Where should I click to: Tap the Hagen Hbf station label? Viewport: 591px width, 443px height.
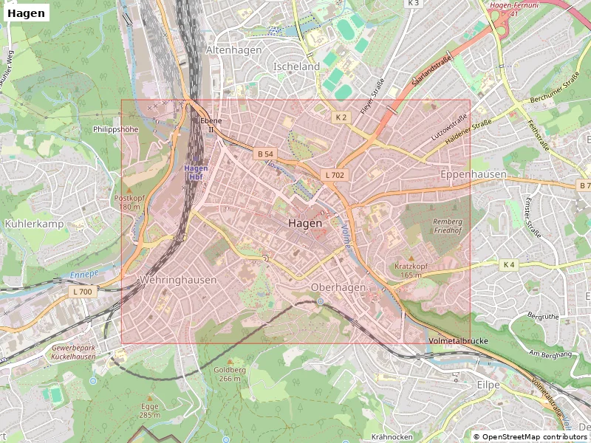pos(194,172)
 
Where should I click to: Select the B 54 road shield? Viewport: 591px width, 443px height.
pos(264,154)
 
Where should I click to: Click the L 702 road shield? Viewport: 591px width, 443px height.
pos(334,175)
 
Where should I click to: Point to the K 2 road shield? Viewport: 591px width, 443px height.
pos(340,117)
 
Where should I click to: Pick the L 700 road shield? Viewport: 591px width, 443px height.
pos(83,292)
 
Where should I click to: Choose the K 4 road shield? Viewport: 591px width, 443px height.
pos(508,264)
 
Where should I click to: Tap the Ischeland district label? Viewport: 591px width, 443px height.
pos(296,66)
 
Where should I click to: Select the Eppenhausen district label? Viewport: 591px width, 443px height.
pos(474,174)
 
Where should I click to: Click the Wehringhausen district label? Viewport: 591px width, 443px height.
pos(177,280)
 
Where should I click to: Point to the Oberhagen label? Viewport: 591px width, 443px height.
pos(338,286)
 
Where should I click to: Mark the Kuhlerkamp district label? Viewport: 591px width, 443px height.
pos(34,223)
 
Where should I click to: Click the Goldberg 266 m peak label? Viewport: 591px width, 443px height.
pos(229,374)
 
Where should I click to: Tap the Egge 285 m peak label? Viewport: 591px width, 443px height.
pos(150,411)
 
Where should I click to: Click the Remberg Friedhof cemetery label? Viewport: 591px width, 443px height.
pos(447,226)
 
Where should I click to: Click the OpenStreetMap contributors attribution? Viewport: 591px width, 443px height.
pos(530,437)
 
